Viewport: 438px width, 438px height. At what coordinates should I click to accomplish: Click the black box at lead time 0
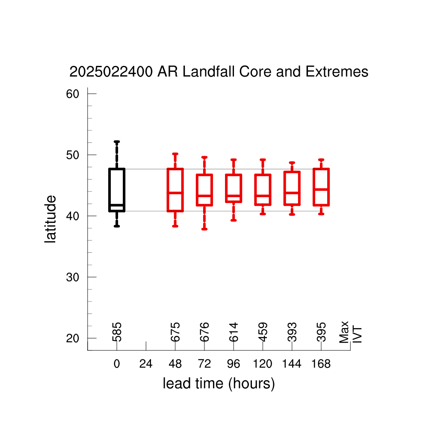[109, 190]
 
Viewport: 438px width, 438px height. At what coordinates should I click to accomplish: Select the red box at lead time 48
[168, 190]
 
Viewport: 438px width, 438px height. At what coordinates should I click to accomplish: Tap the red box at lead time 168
[314, 187]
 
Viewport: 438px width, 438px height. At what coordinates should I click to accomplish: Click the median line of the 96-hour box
[234, 196]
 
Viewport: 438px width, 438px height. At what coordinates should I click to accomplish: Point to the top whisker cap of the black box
[117, 142]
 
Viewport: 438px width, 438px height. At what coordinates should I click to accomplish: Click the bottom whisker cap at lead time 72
[204, 229]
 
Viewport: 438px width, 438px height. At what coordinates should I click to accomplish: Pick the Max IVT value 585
[117, 332]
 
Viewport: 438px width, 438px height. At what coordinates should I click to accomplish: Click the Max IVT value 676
[204, 332]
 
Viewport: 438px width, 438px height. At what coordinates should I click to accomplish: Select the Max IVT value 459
[263, 332]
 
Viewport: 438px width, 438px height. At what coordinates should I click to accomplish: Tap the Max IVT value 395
[321, 332]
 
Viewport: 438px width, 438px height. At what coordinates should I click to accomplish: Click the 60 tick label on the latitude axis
[73, 94]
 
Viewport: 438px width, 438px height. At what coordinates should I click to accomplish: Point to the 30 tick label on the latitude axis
[73, 277]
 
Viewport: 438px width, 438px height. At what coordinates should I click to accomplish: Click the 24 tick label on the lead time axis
[146, 364]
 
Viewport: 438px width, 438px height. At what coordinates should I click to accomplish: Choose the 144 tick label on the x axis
[292, 364]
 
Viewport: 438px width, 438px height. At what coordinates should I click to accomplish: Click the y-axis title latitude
[50, 219]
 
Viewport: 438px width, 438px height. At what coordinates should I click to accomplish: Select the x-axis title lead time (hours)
[219, 384]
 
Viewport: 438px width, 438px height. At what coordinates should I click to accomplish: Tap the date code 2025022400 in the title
[111, 71]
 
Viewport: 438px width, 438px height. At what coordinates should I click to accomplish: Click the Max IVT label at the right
[350, 332]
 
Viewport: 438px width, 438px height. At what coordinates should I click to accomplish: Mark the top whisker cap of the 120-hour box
[263, 160]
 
